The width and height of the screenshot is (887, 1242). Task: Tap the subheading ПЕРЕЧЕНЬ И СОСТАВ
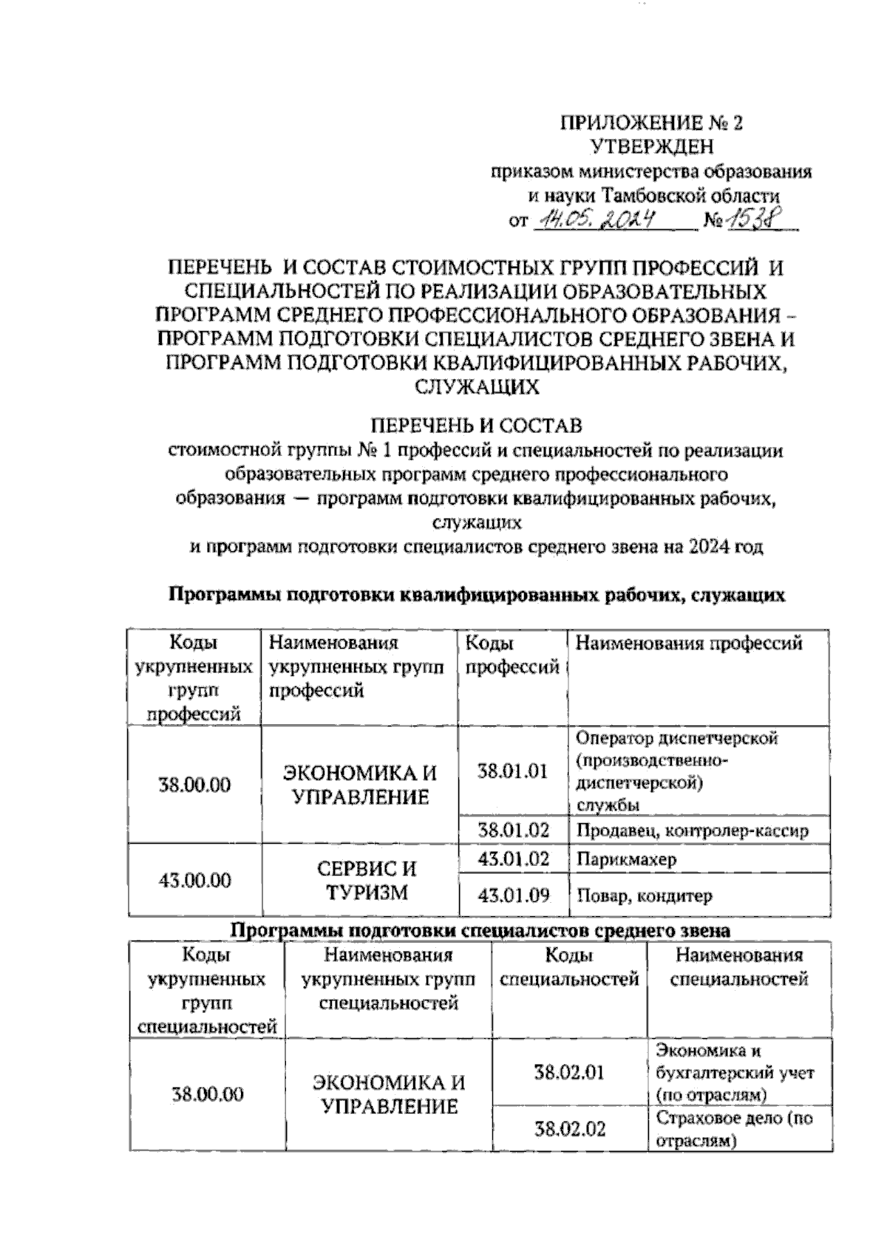pos(476,426)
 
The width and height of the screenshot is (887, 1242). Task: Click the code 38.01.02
pos(513,830)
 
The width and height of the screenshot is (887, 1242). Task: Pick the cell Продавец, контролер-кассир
pos(692,830)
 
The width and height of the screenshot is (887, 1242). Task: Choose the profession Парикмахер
pos(626,859)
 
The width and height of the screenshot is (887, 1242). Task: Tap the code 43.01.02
pos(513,859)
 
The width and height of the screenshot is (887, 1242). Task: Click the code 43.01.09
pos(513,896)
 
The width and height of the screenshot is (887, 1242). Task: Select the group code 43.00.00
pos(195,880)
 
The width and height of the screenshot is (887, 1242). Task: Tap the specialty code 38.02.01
pos(569,1072)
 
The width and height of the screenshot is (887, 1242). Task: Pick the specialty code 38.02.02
pos(569,1129)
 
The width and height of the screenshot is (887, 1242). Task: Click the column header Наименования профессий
pos(689,644)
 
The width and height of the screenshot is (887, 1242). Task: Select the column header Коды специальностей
pos(569,967)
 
